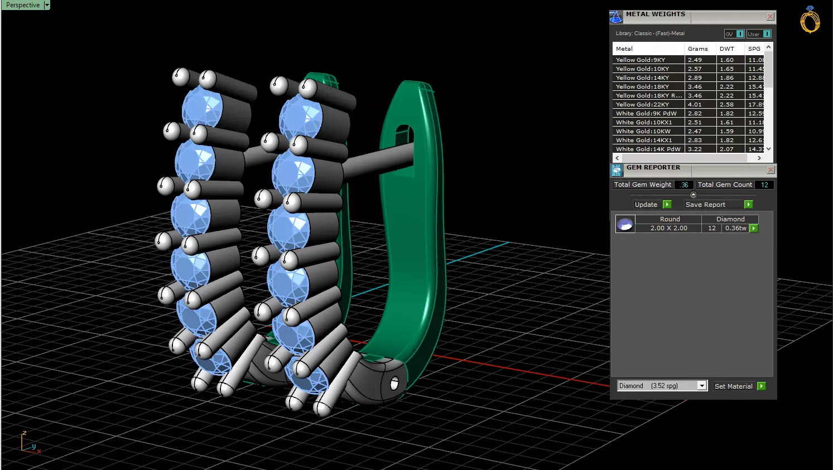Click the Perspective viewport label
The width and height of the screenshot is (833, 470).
23,5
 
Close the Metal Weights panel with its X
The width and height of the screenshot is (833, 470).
770,17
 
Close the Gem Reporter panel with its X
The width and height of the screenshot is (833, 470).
771,169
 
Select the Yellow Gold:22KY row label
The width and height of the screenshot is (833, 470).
642,104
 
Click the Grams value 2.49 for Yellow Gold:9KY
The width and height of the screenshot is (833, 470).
695,60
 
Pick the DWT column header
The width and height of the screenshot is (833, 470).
726,49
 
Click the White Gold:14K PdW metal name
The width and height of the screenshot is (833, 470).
648,149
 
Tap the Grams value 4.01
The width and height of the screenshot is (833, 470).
695,104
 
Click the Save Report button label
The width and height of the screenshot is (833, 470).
705,205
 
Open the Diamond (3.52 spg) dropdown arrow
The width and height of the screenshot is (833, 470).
702,386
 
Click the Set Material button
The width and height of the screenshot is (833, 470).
733,386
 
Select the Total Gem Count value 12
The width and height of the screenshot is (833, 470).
764,185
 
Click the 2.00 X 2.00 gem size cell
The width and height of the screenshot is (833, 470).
668,228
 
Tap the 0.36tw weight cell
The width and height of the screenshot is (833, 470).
735,228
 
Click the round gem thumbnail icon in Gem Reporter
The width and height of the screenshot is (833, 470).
625,224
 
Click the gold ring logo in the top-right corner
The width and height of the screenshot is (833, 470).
810,21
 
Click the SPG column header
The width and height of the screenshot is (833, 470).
754,49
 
